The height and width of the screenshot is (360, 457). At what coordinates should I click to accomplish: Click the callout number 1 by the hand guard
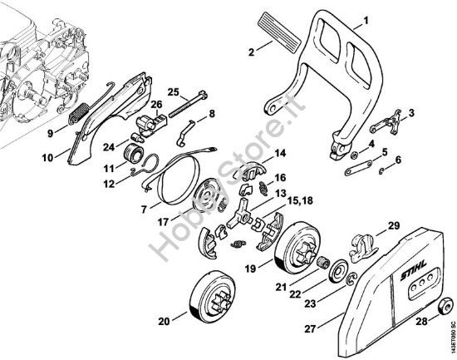(366, 21)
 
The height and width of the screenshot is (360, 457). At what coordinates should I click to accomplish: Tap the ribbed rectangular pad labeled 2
(279, 32)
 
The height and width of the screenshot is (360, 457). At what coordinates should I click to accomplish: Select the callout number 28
(421, 321)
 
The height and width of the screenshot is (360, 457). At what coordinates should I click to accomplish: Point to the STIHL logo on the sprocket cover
(414, 271)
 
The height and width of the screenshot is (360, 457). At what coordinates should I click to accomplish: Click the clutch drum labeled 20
(212, 296)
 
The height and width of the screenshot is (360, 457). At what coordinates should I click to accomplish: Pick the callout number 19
(250, 269)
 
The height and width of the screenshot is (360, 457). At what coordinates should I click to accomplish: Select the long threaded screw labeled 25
(188, 104)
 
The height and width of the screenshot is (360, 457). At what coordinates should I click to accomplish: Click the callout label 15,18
(300, 200)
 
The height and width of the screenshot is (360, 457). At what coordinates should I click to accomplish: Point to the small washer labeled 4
(353, 155)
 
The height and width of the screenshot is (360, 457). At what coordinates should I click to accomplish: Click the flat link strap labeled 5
(358, 169)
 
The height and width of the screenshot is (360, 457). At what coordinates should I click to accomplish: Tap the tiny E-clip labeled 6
(381, 171)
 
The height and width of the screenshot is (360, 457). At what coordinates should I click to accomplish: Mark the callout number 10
(47, 158)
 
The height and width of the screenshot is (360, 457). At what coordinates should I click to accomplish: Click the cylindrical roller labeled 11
(133, 152)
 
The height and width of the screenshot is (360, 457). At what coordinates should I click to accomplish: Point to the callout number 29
(394, 225)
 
